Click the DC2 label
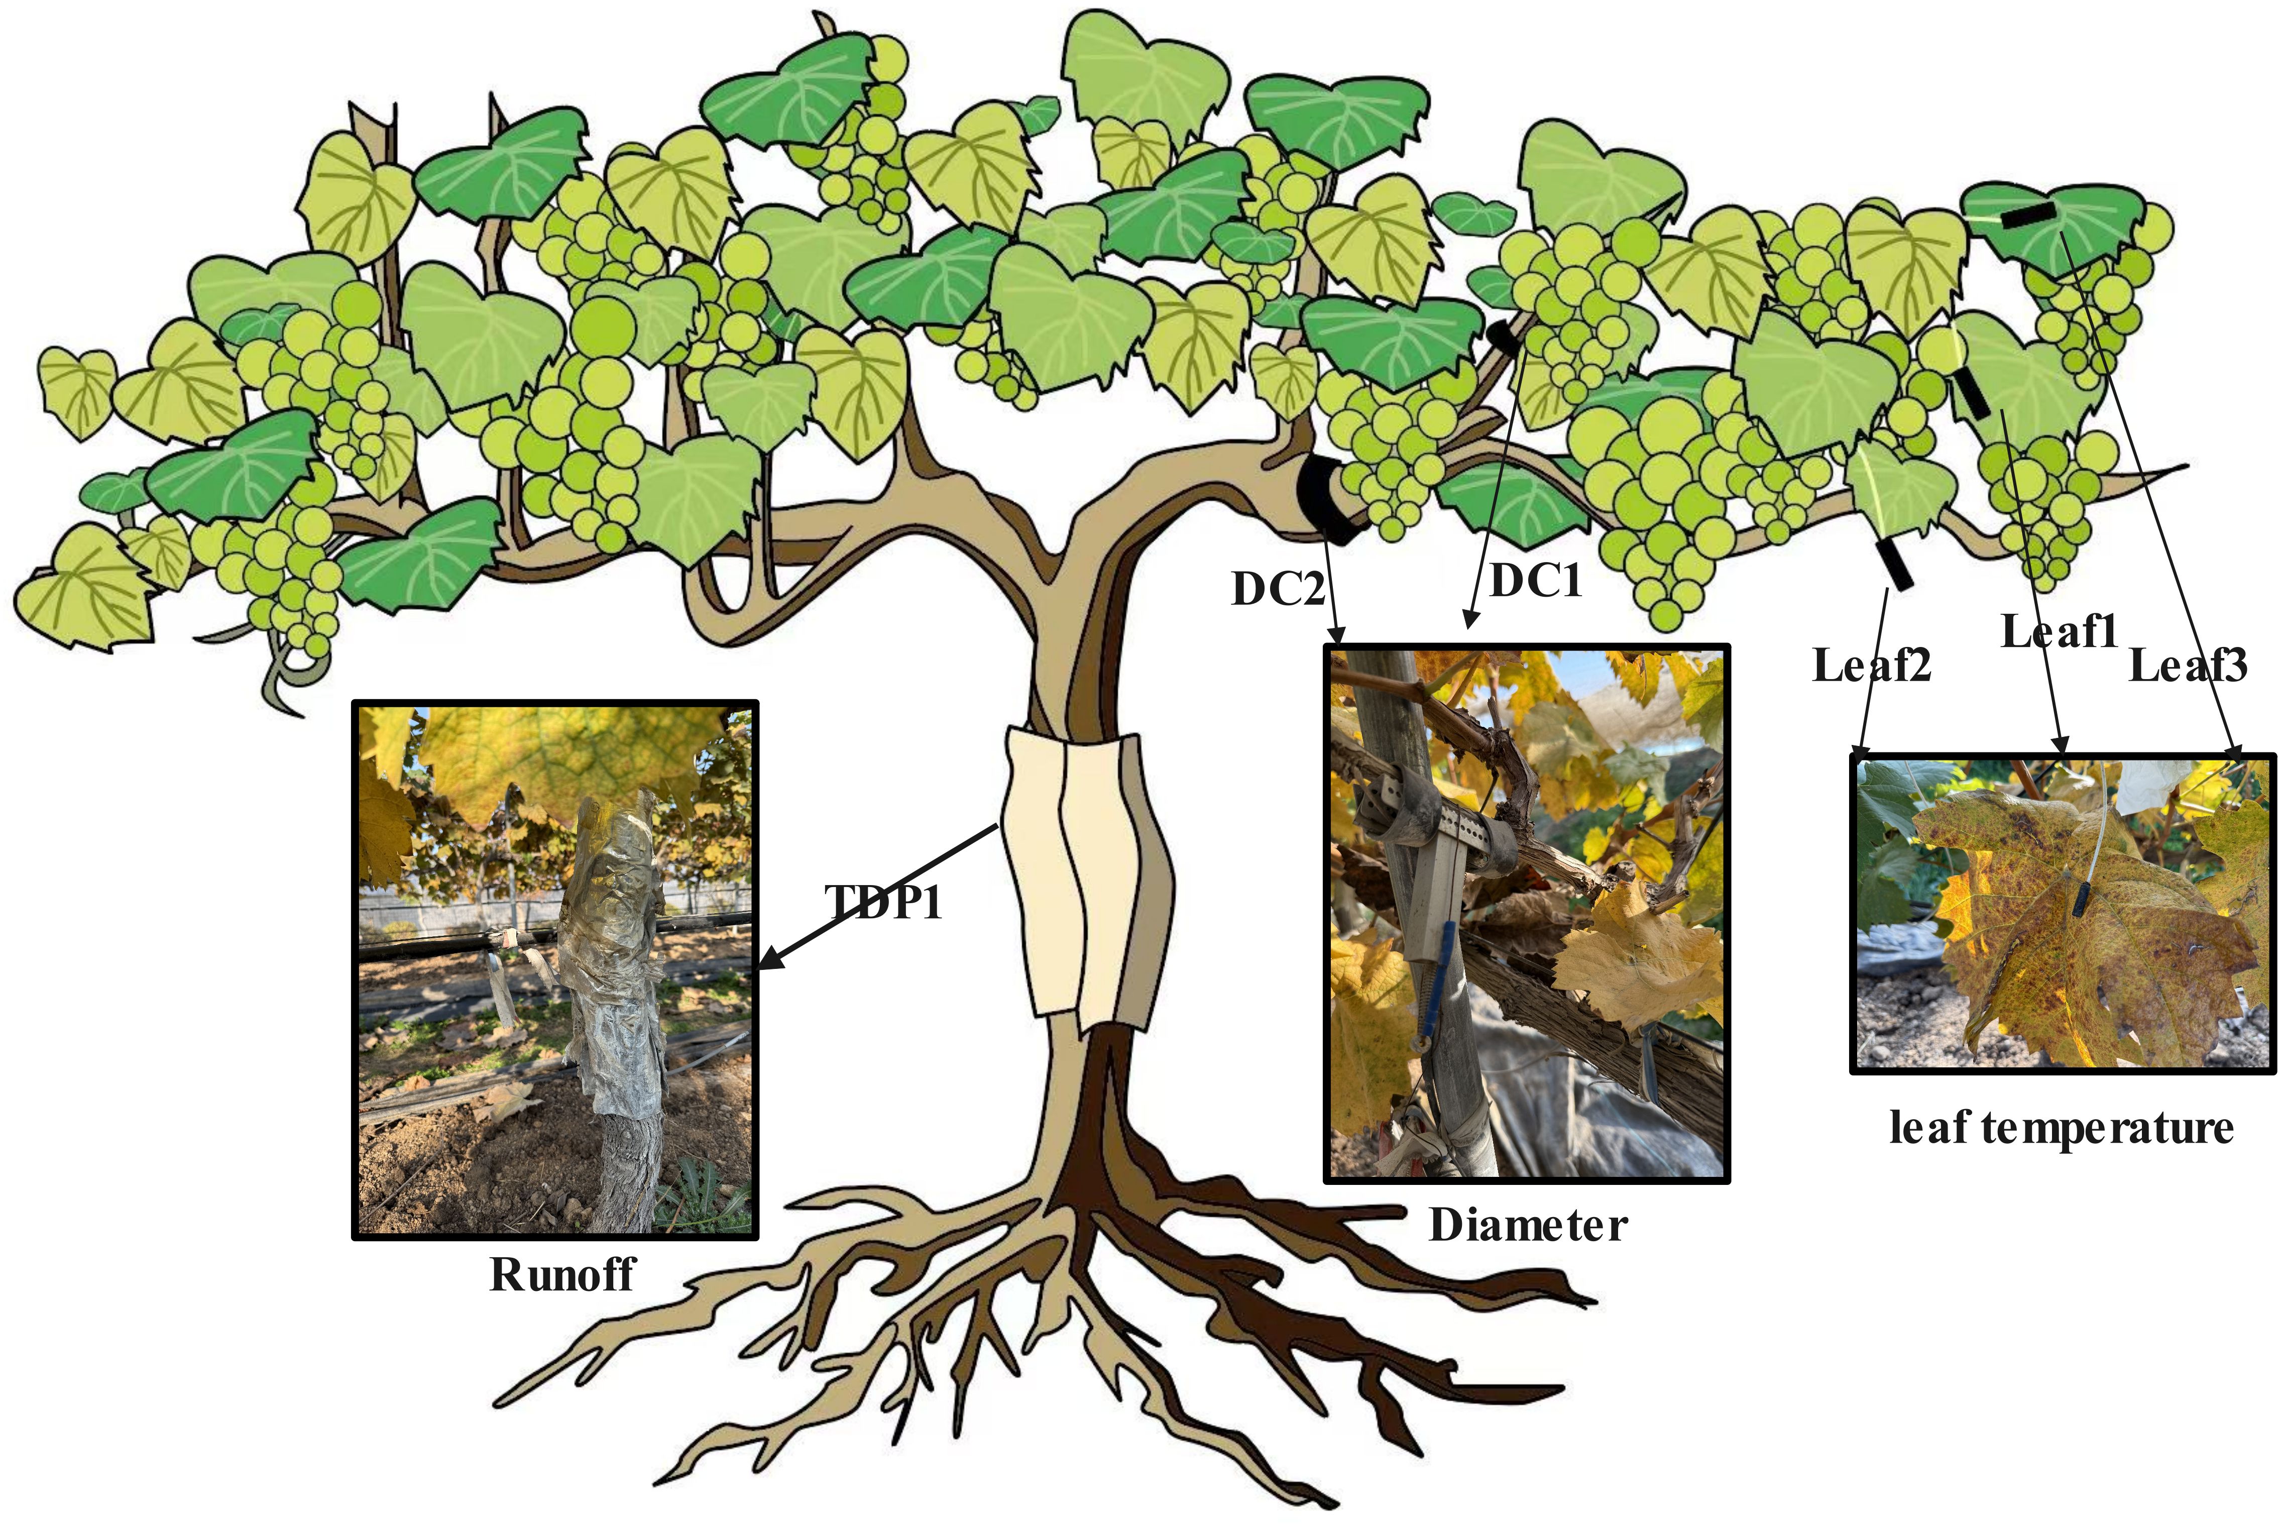click(x=1277, y=588)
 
